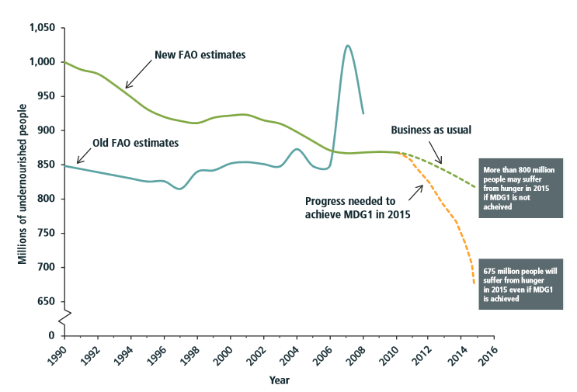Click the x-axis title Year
tap(280, 381)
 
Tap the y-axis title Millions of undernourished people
tap(23, 182)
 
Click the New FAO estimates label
tap(200, 54)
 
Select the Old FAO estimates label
tap(137, 144)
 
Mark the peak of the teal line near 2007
tap(347, 46)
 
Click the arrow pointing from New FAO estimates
tap(137, 75)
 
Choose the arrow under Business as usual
tap(435, 154)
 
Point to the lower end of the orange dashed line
tap(474, 283)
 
